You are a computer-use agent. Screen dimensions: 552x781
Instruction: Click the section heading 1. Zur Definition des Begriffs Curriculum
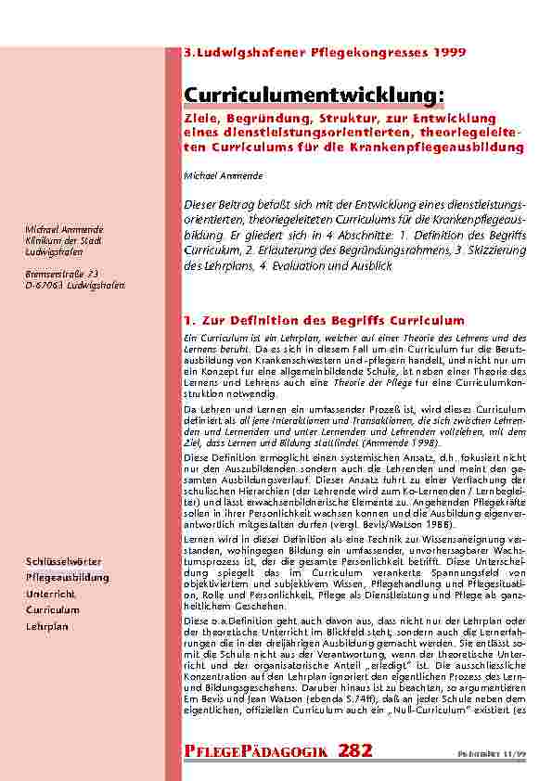325,320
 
